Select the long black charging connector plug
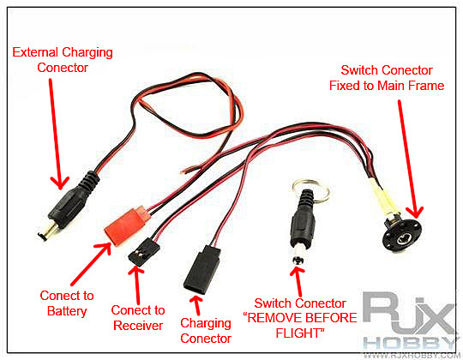pos(202,269)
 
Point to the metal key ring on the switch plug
pos(310,190)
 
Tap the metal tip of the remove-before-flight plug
pos(298,257)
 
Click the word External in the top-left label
pos(35,52)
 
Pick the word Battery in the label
pos(67,311)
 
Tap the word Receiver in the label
pos(138,326)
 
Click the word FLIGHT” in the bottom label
pos(300,333)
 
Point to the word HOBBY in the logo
pos(410,344)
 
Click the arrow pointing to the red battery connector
pos(91,264)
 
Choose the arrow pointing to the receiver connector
pos(136,285)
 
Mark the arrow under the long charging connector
pos(196,305)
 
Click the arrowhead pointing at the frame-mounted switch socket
pos(416,213)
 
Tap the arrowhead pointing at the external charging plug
pos(60,183)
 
